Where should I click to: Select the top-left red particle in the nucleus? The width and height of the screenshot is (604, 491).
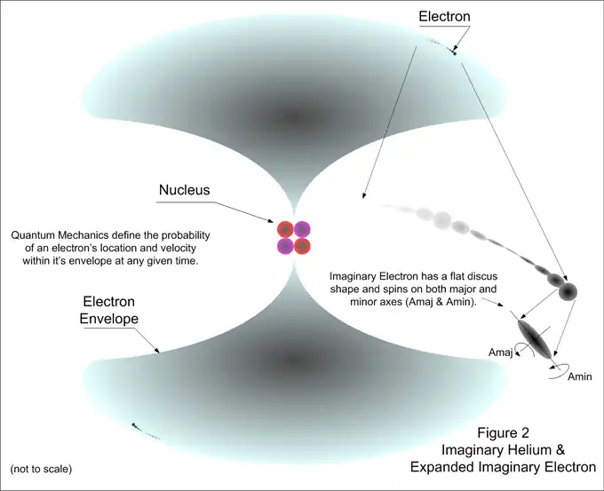(285, 229)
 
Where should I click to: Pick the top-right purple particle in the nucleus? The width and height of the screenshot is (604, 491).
(302, 229)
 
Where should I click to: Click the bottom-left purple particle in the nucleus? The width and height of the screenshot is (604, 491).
(285, 246)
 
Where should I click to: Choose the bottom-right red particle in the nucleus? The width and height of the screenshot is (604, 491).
(302, 246)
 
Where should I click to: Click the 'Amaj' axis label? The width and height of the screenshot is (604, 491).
(501, 352)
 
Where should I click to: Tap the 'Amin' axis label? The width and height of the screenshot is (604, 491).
(578, 376)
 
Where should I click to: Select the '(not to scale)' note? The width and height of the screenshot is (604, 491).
(42, 468)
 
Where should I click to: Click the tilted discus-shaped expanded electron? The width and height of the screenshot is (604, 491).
(535, 337)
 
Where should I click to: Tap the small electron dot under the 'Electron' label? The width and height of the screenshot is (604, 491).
(454, 53)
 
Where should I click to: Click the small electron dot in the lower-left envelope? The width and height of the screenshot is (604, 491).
(134, 425)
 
